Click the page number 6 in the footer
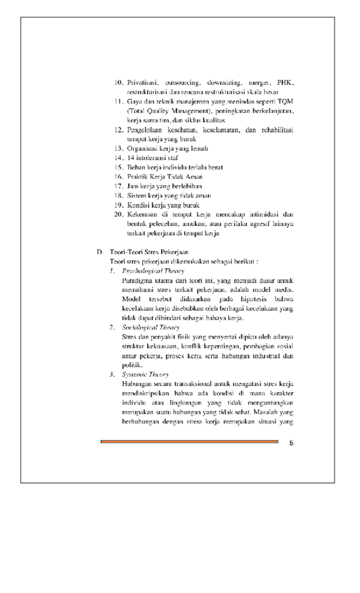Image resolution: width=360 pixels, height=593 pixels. click(x=291, y=442)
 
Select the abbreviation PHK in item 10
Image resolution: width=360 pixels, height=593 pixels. click(x=285, y=83)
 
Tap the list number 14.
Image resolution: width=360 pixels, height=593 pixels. click(x=118, y=157)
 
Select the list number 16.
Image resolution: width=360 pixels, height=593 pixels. click(x=118, y=176)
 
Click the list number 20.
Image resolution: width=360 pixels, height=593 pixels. click(x=118, y=214)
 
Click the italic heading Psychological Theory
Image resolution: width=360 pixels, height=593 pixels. click(x=153, y=271)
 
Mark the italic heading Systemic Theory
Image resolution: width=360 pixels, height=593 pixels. click(x=145, y=375)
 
